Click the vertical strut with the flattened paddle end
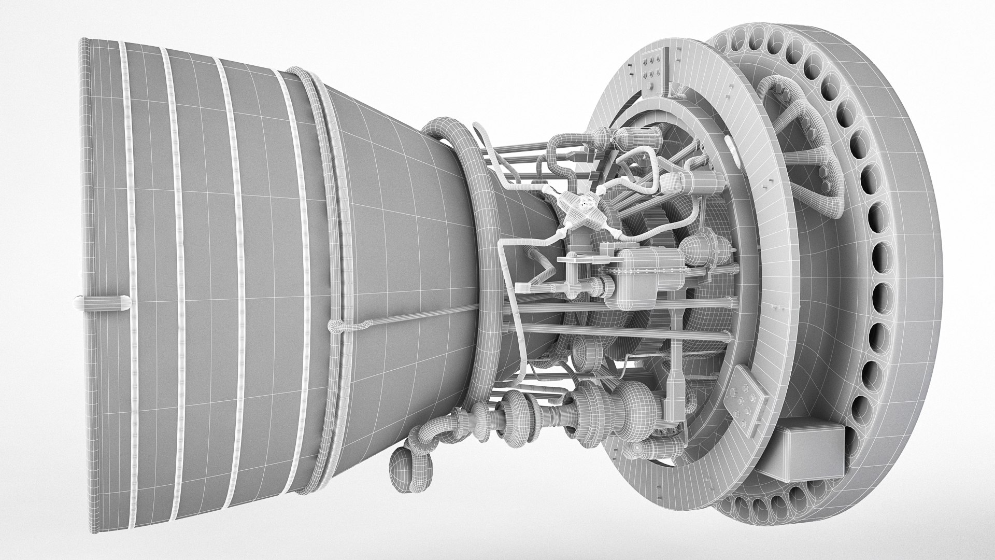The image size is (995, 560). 677,363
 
